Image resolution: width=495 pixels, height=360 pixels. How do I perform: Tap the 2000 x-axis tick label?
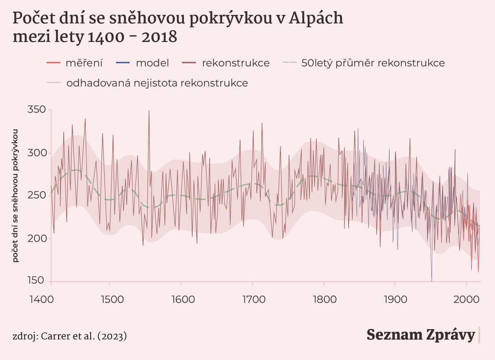pyautogui.click(x=466, y=299)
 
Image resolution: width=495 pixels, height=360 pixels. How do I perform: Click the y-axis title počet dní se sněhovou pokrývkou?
pyautogui.click(x=16, y=195)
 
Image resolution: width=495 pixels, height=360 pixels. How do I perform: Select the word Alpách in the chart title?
pyautogui.click(x=316, y=19)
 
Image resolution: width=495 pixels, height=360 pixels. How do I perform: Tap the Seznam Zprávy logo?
pyautogui.click(x=421, y=335)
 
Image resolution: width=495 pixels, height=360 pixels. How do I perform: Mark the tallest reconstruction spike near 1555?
pyautogui.click(x=149, y=111)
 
